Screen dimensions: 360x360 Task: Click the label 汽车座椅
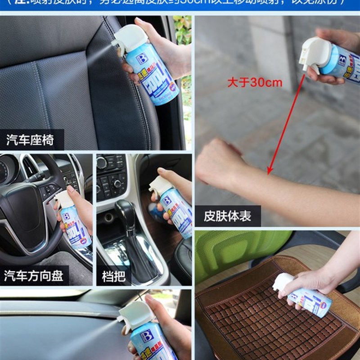[31, 140]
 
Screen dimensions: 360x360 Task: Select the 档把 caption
[113, 275]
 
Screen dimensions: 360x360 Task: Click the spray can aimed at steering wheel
[74, 223]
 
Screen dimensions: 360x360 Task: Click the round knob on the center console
[118, 184]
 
